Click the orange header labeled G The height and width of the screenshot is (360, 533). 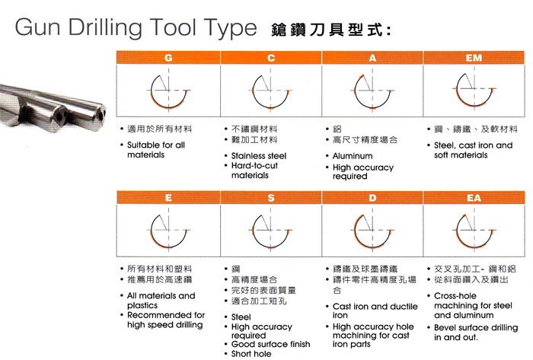click(x=168, y=57)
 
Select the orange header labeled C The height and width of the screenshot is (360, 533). click(x=270, y=57)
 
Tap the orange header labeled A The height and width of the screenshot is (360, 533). click(x=372, y=57)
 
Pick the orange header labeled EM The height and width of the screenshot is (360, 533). click(x=474, y=57)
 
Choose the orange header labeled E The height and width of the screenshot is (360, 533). click(x=168, y=198)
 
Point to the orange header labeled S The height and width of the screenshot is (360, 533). click(x=270, y=198)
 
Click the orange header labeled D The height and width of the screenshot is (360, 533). click(x=372, y=198)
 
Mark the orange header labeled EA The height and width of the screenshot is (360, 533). click(x=474, y=198)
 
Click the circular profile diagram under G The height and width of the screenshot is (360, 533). click(x=168, y=90)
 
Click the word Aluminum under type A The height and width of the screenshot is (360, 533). click(x=353, y=156)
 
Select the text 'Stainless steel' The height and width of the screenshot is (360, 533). click(x=259, y=156)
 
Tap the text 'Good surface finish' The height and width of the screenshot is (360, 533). click(x=270, y=344)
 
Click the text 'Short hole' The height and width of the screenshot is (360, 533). click(x=251, y=354)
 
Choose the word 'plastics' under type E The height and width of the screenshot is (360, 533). click(x=144, y=305)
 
